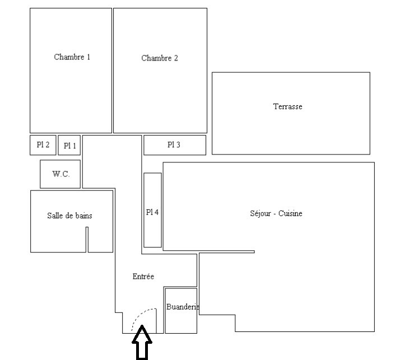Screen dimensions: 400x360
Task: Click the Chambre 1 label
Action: [x=72, y=57]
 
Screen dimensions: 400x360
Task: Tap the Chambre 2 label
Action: [x=160, y=58]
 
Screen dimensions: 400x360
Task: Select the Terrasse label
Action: [x=287, y=106]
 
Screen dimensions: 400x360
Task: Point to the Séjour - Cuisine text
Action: [x=276, y=213]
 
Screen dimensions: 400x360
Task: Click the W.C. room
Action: [x=60, y=174]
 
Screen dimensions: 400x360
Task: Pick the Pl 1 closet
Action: [x=69, y=145]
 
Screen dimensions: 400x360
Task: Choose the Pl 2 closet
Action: [x=43, y=145]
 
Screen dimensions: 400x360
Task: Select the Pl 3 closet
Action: [x=175, y=145]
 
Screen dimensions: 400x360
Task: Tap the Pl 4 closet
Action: [x=152, y=210]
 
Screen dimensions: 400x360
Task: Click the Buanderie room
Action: [x=181, y=311]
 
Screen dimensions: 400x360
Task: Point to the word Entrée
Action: [x=143, y=277]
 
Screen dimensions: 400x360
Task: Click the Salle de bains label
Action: [x=69, y=216]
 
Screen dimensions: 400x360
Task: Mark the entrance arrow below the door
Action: [x=142, y=342]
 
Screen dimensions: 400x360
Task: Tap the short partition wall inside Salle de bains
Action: [x=87, y=240]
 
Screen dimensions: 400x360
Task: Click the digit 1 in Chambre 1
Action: [x=89, y=57]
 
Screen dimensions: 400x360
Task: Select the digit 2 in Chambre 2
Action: [x=176, y=58]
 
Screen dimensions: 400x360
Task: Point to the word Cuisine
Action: [x=290, y=213]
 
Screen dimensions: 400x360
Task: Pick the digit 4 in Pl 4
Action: [x=156, y=212]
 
